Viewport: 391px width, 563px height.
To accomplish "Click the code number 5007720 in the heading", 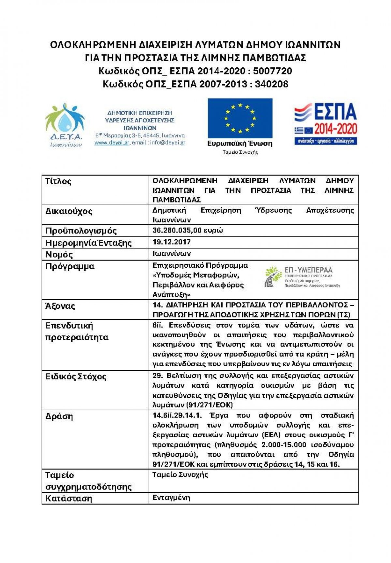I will (x=272, y=71).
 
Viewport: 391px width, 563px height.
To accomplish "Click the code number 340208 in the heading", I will (x=271, y=84).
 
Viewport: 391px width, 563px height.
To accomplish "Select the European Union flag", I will (x=240, y=118).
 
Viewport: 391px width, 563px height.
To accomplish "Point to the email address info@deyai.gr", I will (x=168, y=143).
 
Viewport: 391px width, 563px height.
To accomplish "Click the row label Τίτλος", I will (x=58, y=181).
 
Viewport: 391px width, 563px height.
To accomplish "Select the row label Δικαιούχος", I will (x=69, y=211).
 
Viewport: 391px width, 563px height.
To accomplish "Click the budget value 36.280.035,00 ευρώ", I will (x=188, y=231).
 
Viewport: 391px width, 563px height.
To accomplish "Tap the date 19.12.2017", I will (x=171, y=242).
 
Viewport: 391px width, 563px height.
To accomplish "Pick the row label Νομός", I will (x=59, y=254).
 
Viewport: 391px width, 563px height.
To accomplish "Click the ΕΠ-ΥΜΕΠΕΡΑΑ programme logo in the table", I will (x=302, y=277).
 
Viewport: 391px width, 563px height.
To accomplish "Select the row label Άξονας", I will (x=60, y=306).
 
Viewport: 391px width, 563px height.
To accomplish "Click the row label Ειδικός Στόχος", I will (x=76, y=377).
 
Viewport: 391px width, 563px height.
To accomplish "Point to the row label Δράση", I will (x=59, y=416).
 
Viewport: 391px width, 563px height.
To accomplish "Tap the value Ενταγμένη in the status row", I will (x=171, y=498).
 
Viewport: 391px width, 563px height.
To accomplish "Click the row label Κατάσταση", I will (x=69, y=499).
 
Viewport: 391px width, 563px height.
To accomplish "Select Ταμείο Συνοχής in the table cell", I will (x=180, y=475).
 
